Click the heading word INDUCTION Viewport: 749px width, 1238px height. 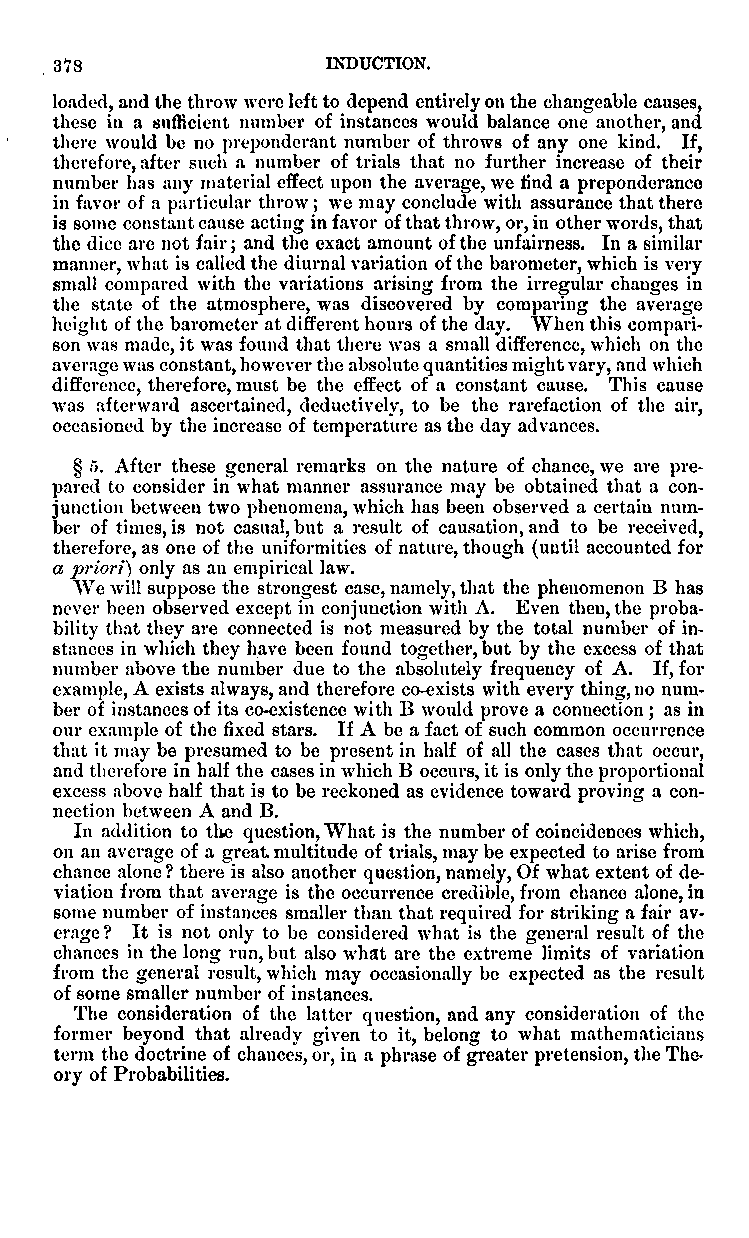tap(378, 64)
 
